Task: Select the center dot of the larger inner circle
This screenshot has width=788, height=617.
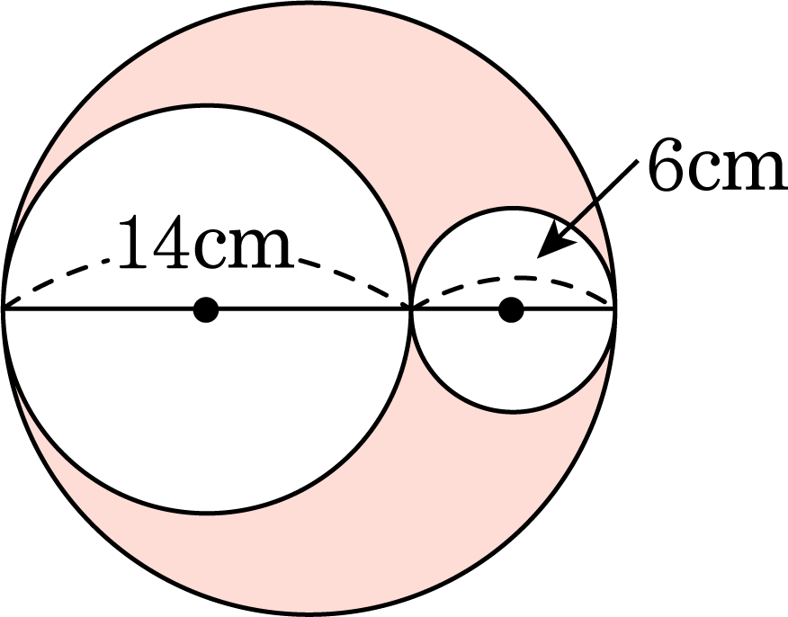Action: [x=206, y=310]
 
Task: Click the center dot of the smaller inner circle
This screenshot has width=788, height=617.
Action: [x=512, y=310]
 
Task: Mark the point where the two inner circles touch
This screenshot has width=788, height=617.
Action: [x=411, y=309]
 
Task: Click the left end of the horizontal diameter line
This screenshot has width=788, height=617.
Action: [x=4, y=310]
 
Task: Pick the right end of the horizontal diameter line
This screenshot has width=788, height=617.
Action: [x=614, y=310]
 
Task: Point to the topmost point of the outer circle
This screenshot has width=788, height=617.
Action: [x=309, y=4]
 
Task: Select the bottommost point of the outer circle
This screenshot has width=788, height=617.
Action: [x=309, y=614]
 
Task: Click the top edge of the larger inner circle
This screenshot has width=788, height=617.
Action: [x=207, y=106]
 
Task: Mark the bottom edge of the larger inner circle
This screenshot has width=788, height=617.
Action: [x=207, y=513]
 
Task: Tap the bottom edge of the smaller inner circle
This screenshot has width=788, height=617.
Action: [x=513, y=413]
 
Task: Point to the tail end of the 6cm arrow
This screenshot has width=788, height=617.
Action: [x=637, y=161]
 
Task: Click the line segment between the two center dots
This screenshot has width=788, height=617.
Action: [x=359, y=310]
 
